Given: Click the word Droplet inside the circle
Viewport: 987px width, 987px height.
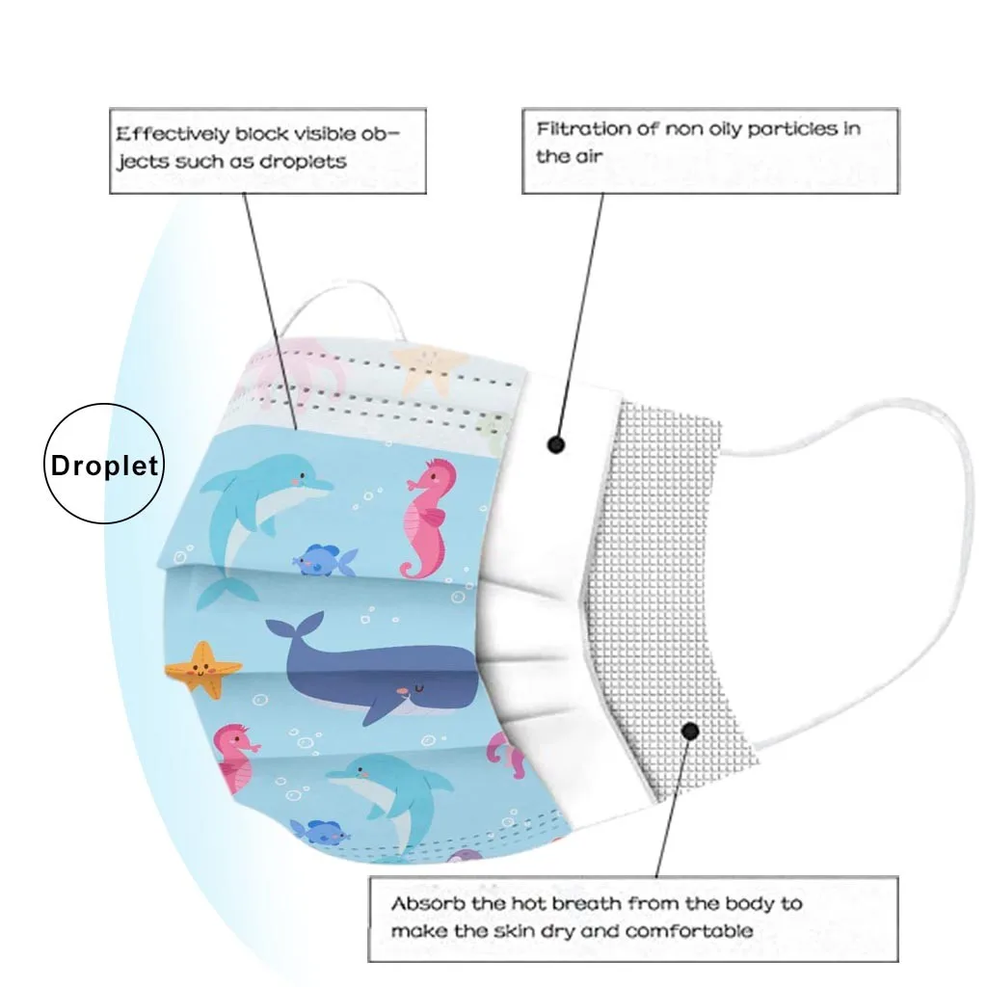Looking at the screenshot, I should click(x=105, y=467).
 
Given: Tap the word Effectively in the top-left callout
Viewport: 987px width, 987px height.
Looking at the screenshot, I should click(x=173, y=134).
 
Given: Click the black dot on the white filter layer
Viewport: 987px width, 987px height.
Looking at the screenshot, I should click(x=555, y=444).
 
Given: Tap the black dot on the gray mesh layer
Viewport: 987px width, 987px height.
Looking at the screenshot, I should click(x=689, y=732).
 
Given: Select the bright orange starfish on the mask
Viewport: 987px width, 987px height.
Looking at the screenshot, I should click(x=203, y=668).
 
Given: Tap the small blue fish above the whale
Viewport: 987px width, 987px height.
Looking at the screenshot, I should click(x=324, y=560).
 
